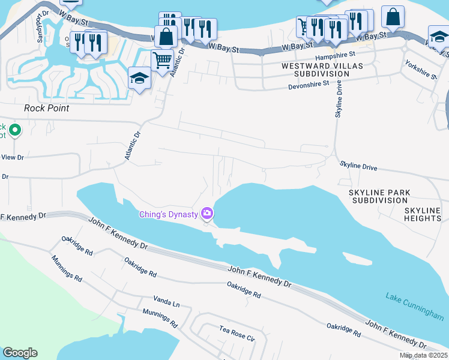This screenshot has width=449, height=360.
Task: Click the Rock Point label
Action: pos(46,109)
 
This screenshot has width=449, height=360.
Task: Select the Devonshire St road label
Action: pos(309,84)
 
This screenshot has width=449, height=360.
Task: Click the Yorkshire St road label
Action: pos(418,69)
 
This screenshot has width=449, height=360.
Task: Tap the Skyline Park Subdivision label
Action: pos(379,196)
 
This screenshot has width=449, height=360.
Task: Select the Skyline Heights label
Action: pos(423,214)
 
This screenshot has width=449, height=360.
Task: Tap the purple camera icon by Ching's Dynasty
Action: pos(207,213)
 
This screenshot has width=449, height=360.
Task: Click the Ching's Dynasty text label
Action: pos(169,214)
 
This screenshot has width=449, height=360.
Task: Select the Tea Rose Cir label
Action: pos(237,334)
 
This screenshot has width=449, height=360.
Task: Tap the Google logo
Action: pos(20,353)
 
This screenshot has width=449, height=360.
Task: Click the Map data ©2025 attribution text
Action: pos(423,355)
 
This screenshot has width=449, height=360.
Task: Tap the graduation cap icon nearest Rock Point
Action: pos(139,77)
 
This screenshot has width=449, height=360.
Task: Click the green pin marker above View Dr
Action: pos(15,129)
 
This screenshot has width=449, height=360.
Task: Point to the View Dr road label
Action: pos(13,157)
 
